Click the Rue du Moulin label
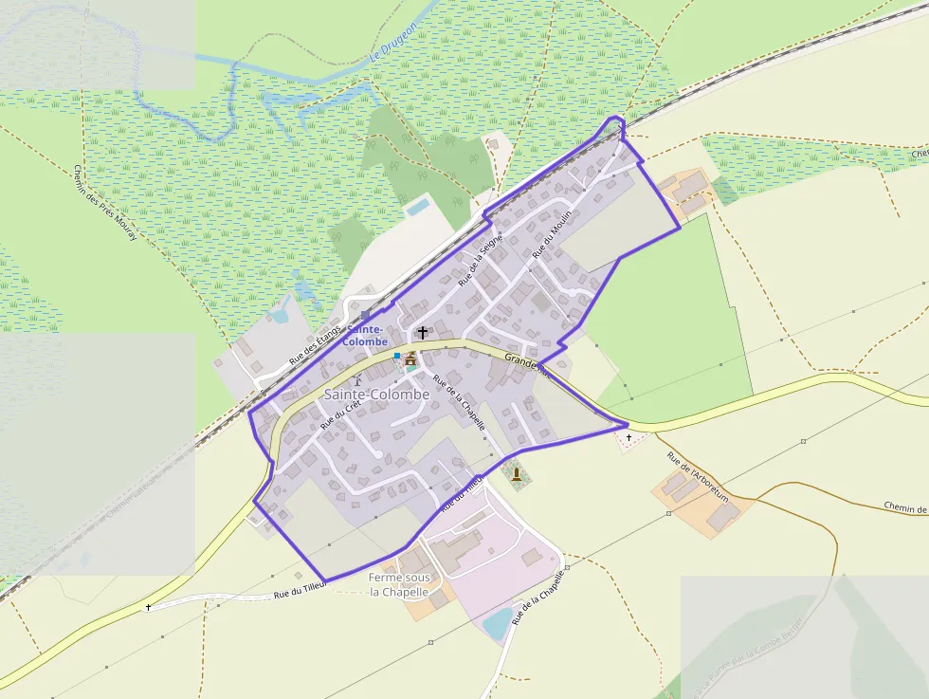click(x=553, y=232)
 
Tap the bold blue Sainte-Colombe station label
click(x=366, y=335)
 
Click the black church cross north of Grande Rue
click(x=423, y=332)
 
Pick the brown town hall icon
click(x=410, y=359)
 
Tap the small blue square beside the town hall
click(x=397, y=356)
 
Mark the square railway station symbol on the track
click(x=366, y=315)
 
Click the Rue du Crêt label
click(x=341, y=414)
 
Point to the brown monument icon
click(x=516, y=473)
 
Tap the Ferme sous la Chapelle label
click(x=399, y=584)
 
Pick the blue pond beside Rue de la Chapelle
click(x=497, y=623)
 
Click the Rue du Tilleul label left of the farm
click(x=301, y=591)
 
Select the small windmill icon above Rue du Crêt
click(x=357, y=381)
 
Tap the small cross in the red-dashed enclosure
click(x=628, y=437)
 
